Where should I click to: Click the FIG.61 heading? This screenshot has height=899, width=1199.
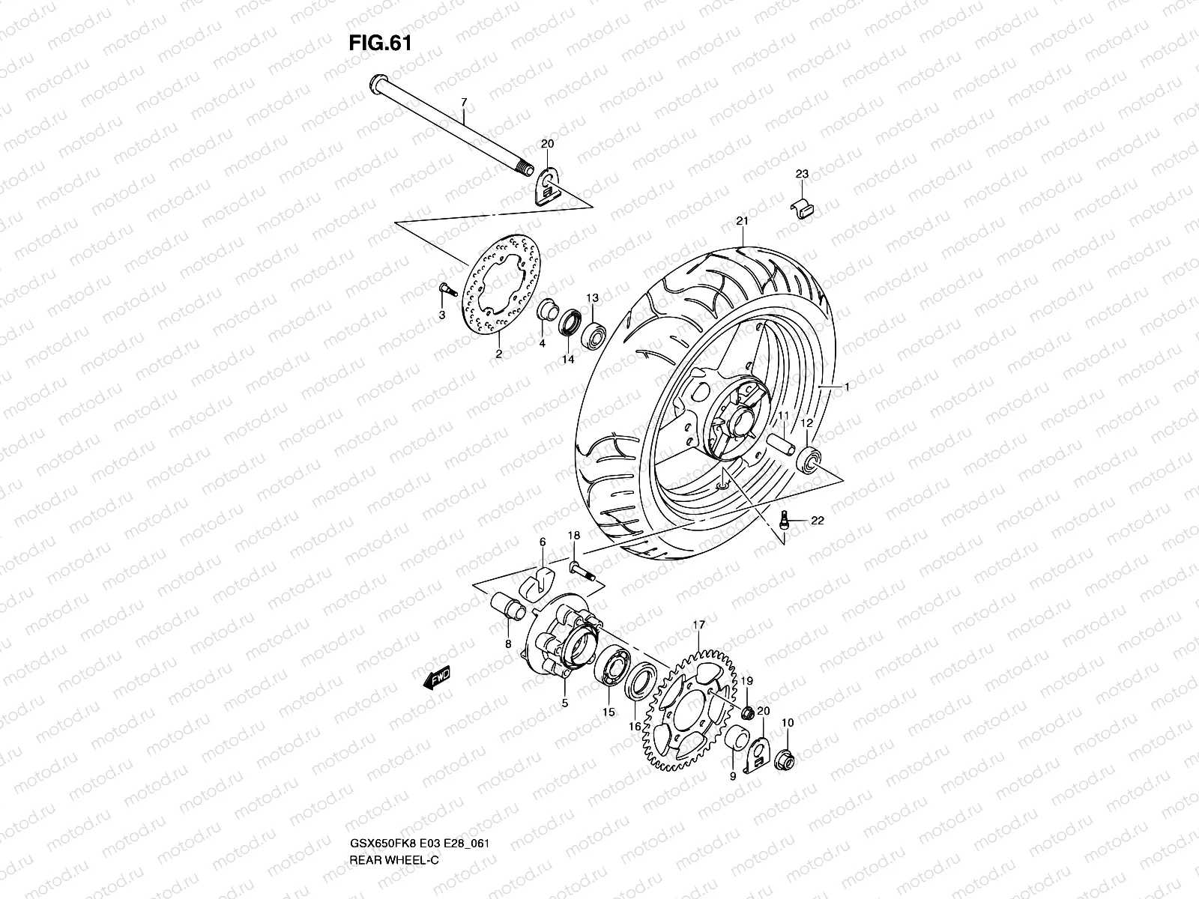(380, 43)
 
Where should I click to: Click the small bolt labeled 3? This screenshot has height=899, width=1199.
(443, 288)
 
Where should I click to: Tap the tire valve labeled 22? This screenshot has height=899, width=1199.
(783, 519)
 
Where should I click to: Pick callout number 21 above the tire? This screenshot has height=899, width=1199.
(743, 220)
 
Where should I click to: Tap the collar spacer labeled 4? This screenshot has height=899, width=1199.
(546, 312)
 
